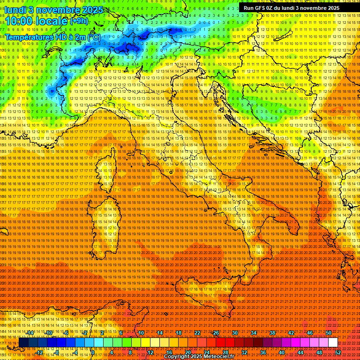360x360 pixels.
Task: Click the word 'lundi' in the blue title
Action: point(15,10)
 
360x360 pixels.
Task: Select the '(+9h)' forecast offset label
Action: point(78,21)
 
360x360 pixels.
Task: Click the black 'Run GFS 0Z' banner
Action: point(292,8)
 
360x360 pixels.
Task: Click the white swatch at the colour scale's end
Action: point(333,343)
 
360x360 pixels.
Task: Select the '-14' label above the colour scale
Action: point(30,333)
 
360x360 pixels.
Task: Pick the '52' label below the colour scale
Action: point(338,352)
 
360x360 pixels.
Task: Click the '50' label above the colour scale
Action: point(329,333)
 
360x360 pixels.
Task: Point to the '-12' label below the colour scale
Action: point(39,352)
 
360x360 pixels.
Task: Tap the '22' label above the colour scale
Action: point(197,333)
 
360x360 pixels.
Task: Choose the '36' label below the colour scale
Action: point(263,352)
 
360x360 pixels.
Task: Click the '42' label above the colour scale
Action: point(291,333)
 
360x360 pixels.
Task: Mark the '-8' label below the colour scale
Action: point(58,352)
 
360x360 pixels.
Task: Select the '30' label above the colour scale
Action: point(235,333)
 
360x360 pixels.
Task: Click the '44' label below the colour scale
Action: point(300,352)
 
